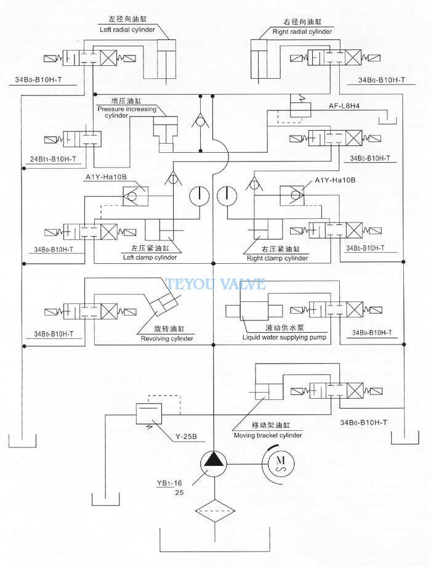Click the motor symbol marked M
(280, 463)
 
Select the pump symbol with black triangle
(214, 463)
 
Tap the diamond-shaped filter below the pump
(215, 511)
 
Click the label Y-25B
(186, 436)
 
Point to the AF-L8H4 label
(344, 106)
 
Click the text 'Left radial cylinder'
(127, 30)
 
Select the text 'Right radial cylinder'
(302, 31)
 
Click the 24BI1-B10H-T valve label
(53, 159)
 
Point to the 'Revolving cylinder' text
(167, 338)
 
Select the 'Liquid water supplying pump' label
(284, 337)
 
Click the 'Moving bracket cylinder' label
(268, 435)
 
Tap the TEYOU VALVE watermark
(216, 284)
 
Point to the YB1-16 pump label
(170, 483)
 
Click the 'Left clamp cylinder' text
(150, 258)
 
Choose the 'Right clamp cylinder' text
(278, 258)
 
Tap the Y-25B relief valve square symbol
(148, 414)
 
